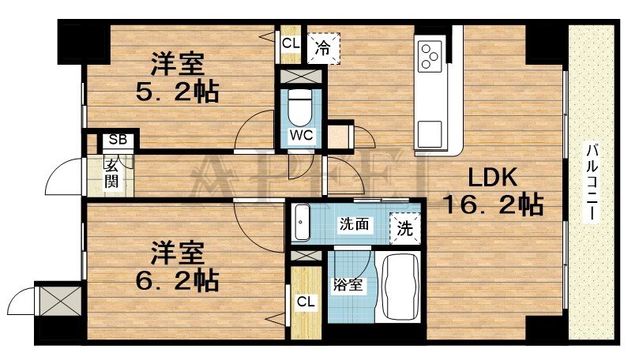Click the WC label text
(301, 135)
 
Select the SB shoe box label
(118, 141)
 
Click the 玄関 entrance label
(111, 174)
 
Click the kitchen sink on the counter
(431, 132)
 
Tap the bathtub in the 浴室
(402, 288)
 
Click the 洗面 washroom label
(355, 224)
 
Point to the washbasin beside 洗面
(302, 223)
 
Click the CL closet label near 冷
(290, 43)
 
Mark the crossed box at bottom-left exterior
(59, 301)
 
